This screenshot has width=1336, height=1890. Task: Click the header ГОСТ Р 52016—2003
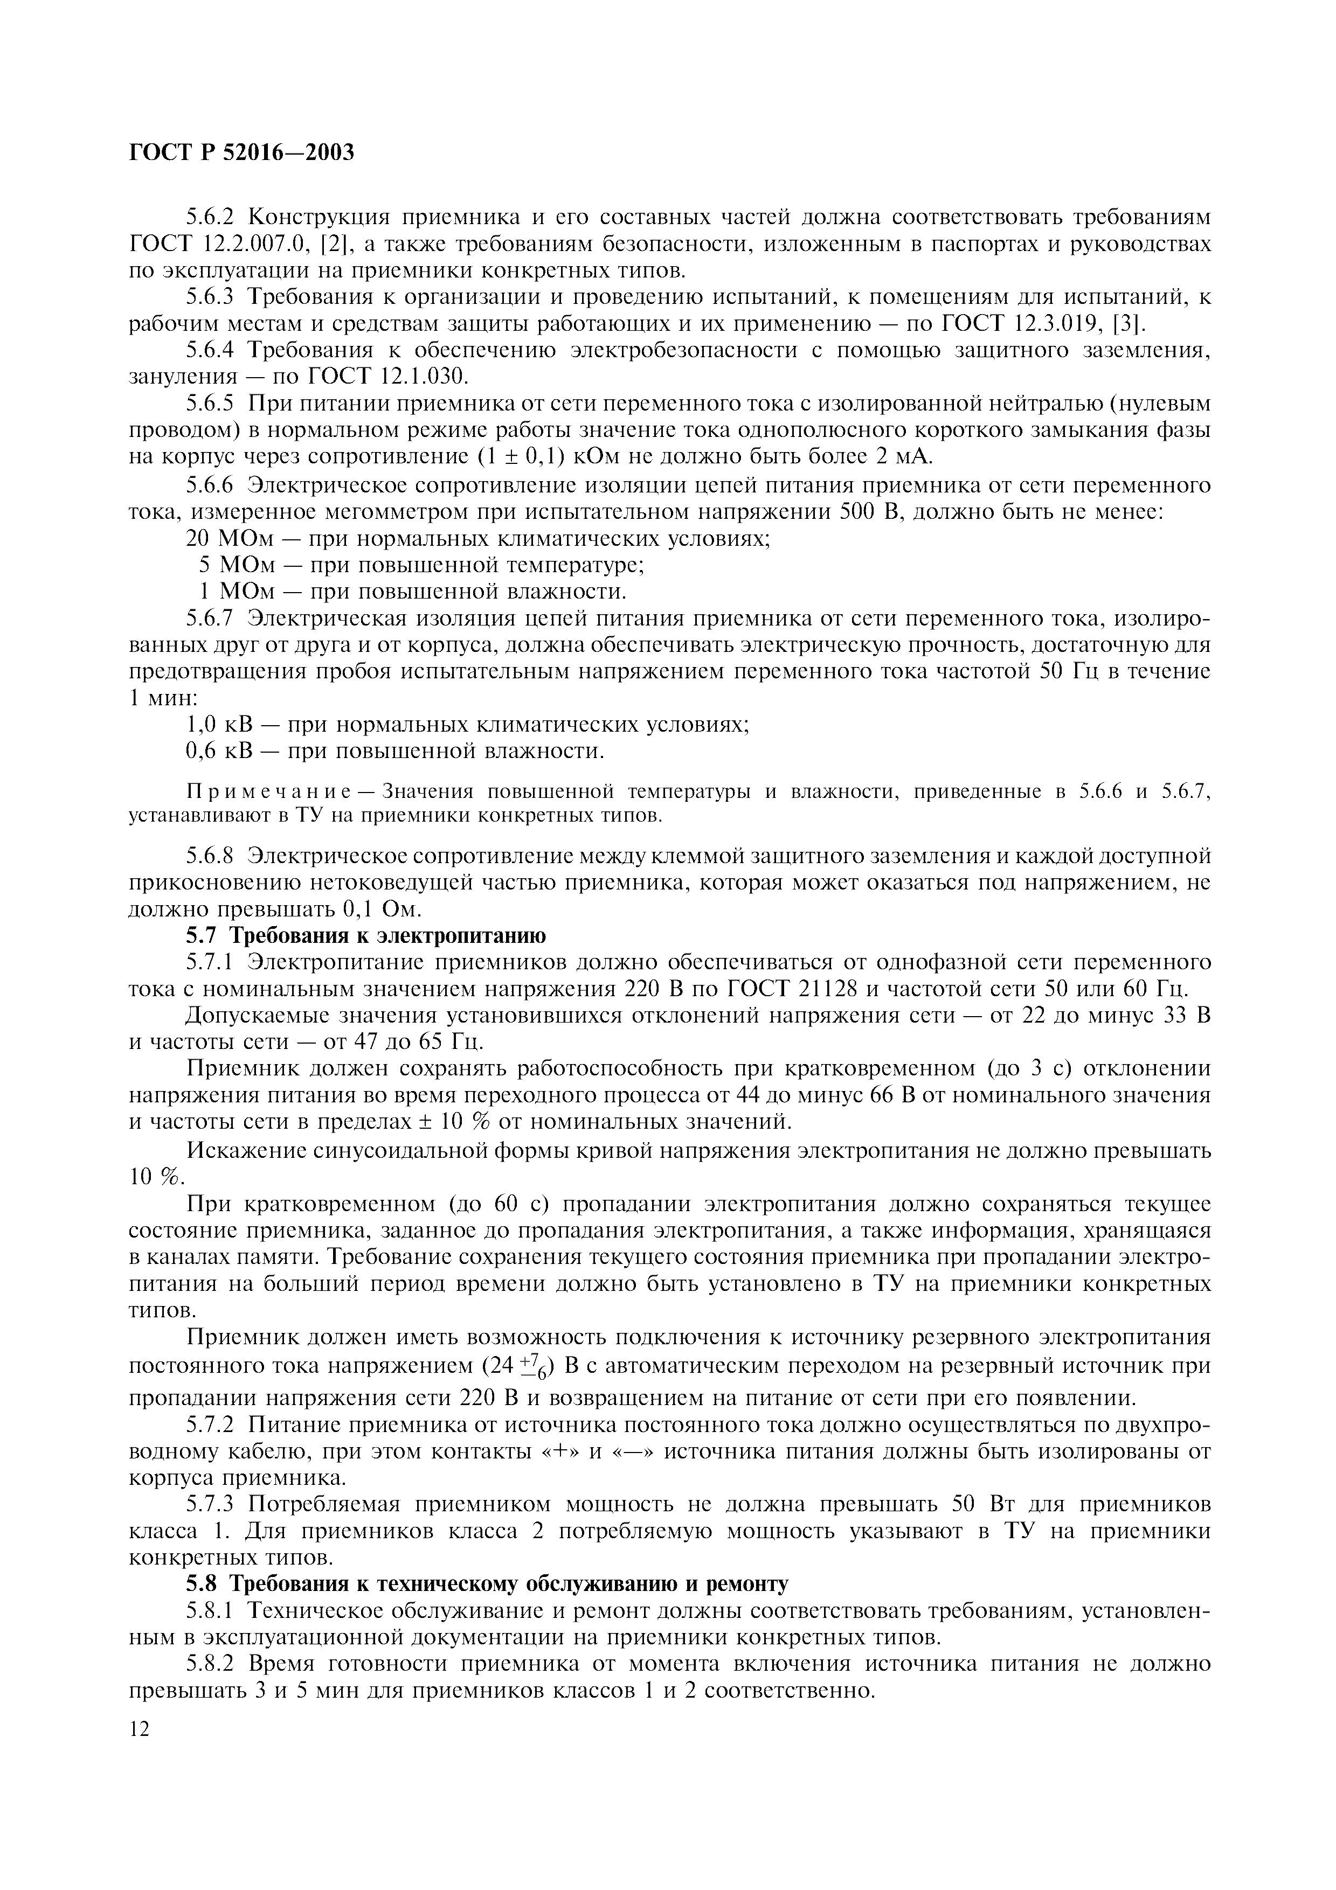(x=242, y=152)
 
